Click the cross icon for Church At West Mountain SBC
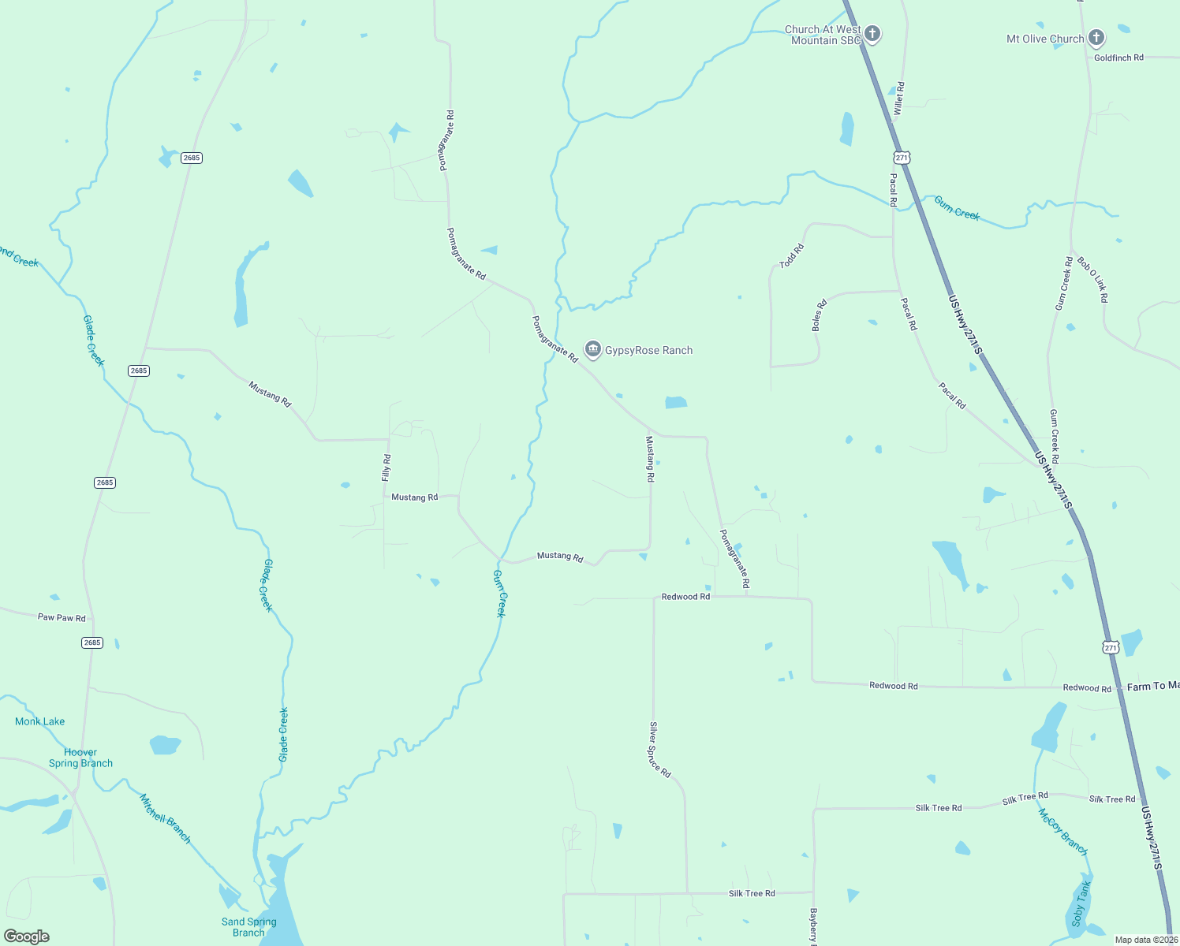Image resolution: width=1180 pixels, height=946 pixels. pyautogui.click(x=872, y=34)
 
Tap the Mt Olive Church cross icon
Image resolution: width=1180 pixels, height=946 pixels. pyautogui.click(x=1096, y=37)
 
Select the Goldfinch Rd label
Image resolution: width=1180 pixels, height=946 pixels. pyautogui.click(x=1118, y=58)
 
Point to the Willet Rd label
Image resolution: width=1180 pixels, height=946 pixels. pyautogui.click(x=898, y=99)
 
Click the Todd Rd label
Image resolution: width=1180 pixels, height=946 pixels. pyautogui.click(x=791, y=256)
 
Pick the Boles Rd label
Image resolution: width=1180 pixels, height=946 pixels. pyautogui.click(x=820, y=315)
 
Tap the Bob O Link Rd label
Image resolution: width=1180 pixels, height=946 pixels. pyautogui.click(x=1092, y=280)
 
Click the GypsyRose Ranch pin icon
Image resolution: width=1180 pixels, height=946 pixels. pyautogui.click(x=593, y=349)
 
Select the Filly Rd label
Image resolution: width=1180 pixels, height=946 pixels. pyautogui.click(x=386, y=467)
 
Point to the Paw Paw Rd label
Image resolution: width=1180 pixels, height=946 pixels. pyautogui.click(x=62, y=617)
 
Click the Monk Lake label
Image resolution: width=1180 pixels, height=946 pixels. pyautogui.click(x=39, y=721)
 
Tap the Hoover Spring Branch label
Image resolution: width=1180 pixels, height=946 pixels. pyautogui.click(x=80, y=758)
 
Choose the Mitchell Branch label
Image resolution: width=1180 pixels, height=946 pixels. pyautogui.click(x=165, y=818)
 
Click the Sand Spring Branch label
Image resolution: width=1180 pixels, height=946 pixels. pyautogui.click(x=248, y=927)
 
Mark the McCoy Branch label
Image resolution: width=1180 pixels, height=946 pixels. pyautogui.click(x=1062, y=832)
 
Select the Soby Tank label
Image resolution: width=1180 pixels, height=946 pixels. pyautogui.click(x=1081, y=904)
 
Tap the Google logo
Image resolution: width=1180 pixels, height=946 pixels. pyautogui.click(x=27, y=937)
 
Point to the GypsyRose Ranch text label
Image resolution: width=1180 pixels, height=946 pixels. pyautogui.click(x=648, y=350)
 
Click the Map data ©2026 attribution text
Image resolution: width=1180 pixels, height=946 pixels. pyautogui.click(x=1145, y=940)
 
